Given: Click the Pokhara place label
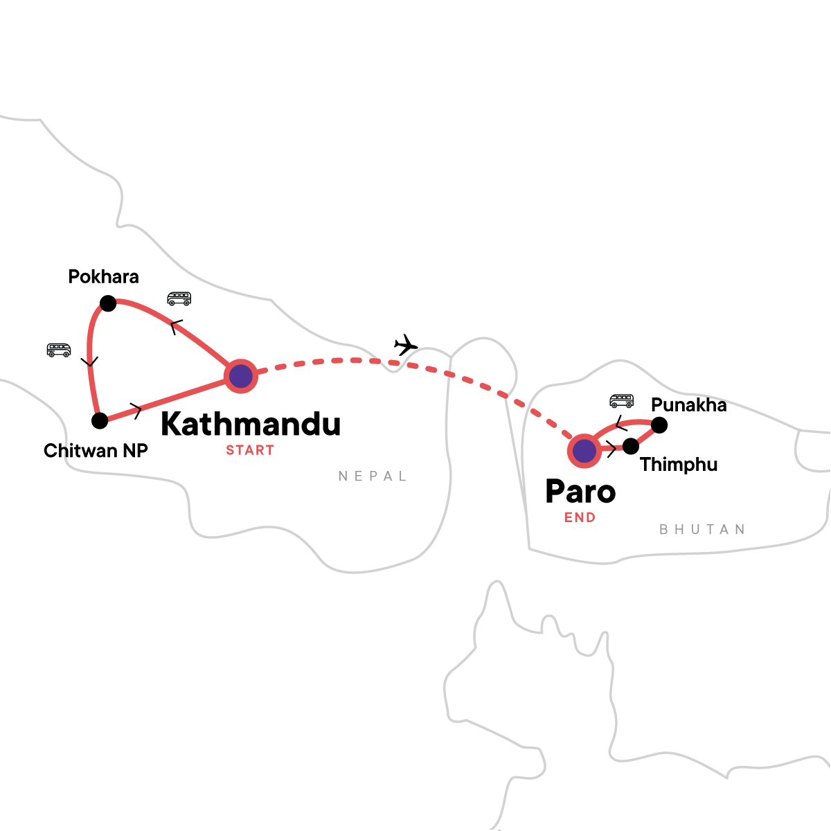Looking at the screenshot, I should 103,277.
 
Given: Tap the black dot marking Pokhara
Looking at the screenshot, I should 108,303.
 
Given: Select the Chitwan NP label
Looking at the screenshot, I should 96,451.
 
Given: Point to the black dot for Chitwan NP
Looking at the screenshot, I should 100,420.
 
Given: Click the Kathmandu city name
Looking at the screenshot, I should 251,424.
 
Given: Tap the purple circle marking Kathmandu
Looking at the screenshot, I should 241,377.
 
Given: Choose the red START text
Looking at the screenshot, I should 250,450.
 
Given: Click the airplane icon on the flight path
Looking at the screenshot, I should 406,344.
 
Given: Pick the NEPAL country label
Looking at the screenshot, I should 373,476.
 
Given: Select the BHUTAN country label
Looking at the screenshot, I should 702,530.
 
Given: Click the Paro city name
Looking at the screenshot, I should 580,492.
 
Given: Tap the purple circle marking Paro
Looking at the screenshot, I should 584,452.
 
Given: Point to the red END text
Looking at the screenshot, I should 580,517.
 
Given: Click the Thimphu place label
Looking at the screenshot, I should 679,465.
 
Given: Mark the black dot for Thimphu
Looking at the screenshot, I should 631,446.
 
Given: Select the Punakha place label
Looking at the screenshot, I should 689,405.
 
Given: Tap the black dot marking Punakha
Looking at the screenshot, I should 659,425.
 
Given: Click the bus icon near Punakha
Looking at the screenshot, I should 621,401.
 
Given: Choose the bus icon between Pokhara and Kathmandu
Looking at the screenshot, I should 179,299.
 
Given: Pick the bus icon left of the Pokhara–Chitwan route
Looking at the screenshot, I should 59,350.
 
